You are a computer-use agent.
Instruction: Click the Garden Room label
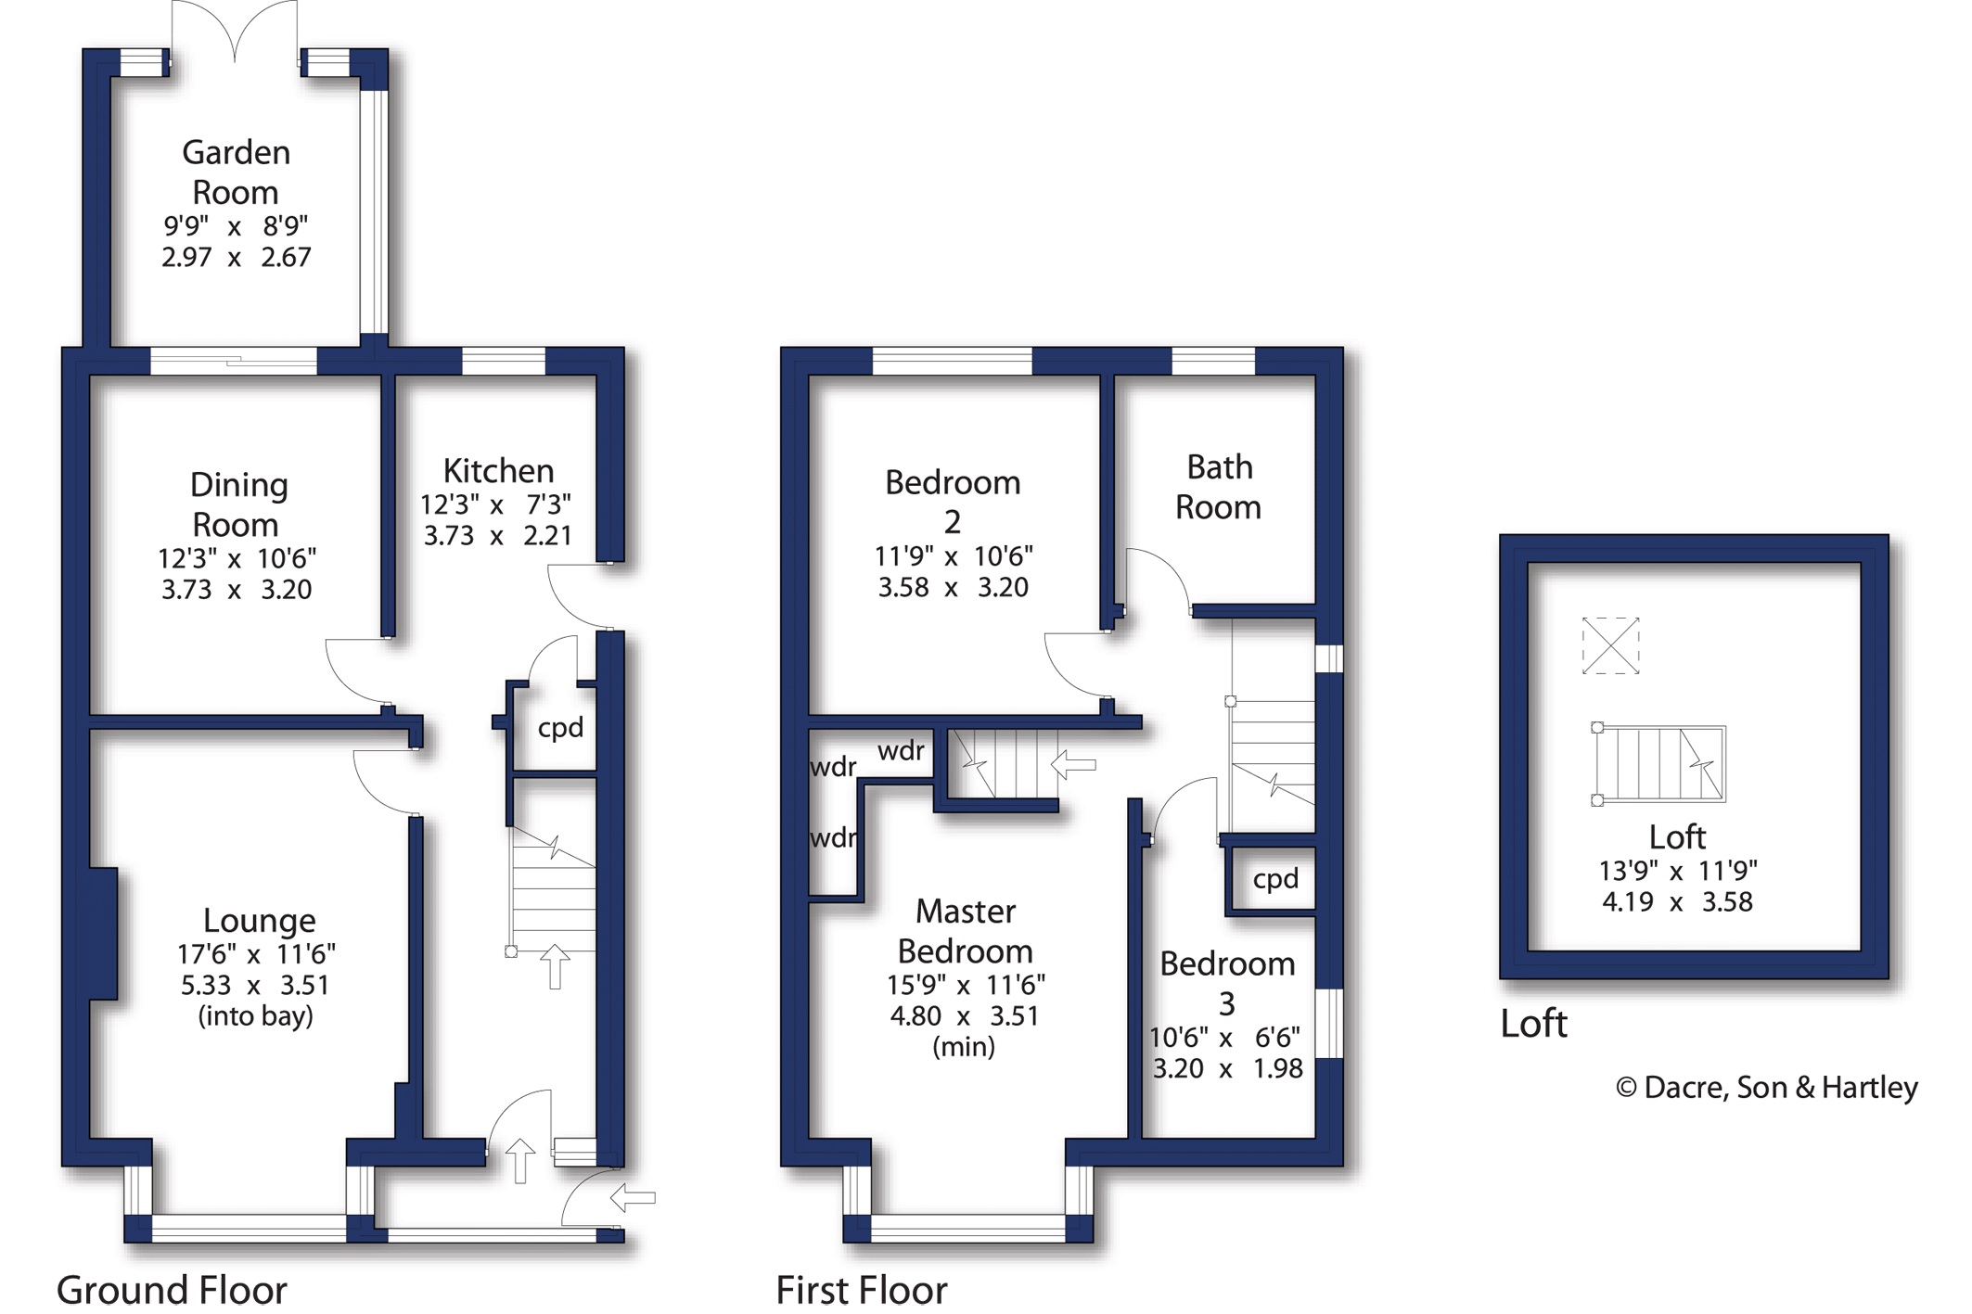click(x=236, y=172)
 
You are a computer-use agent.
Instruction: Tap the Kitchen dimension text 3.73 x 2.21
click(x=497, y=536)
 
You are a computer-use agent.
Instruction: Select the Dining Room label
click(x=237, y=504)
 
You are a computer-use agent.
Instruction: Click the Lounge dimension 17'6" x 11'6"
click(x=256, y=953)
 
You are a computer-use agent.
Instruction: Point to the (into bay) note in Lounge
click(x=256, y=1016)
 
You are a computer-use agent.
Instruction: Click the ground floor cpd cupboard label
click(x=560, y=728)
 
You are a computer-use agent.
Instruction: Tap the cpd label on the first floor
click(x=1275, y=879)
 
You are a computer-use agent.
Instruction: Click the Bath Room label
click(x=1219, y=487)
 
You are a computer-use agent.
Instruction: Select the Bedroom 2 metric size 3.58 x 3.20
click(x=953, y=588)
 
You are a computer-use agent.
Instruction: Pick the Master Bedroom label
click(x=965, y=931)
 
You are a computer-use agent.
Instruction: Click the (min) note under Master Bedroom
click(x=964, y=1047)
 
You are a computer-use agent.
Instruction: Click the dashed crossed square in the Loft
click(x=1610, y=645)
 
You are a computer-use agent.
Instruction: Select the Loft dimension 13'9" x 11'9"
click(x=1677, y=871)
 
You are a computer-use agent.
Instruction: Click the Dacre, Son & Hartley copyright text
click(x=1766, y=1088)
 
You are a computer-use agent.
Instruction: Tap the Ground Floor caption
click(x=173, y=1290)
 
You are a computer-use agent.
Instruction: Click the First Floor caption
click(x=862, y=1290)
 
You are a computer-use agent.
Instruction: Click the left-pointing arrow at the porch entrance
click(x=633, y=1198)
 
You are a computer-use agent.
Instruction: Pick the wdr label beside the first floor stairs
click(x=901, y=750)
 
